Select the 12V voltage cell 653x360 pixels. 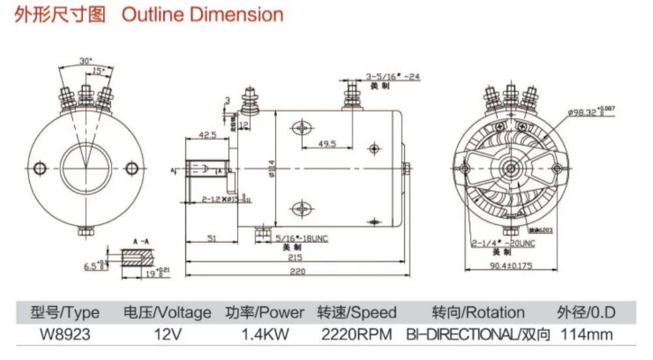coord(167,335)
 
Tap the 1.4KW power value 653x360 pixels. coord(264,335)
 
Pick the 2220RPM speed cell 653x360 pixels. coord(357,335)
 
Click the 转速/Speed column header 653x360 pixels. coord(357,312)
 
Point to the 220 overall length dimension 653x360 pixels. coord(297,272)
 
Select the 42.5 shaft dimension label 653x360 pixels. coord(208,135)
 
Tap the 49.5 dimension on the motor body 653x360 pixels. coord(327,144)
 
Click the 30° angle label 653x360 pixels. coord(85,61)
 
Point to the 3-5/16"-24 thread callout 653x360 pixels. coord(392,76)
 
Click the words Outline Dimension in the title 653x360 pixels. coord(202,15)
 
